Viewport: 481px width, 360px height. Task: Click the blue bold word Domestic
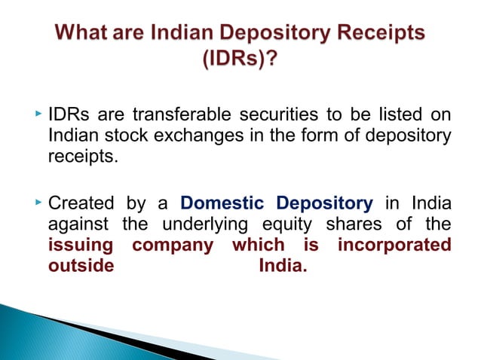[222, 204]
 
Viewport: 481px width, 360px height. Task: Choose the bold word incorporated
[394, 246]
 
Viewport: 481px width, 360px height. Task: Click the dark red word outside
[81, 267]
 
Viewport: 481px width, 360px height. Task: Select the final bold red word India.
[283, 267]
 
